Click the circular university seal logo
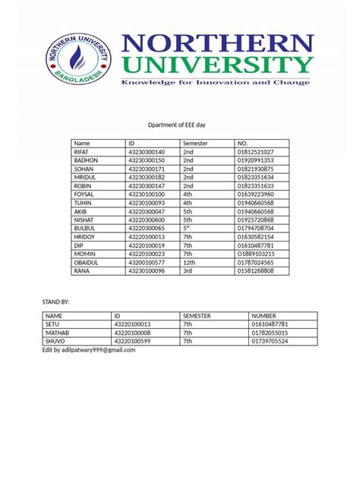[x=78, y=61]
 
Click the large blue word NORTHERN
[x=215, y=44]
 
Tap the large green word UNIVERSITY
[x=215, y=66]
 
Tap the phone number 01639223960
[x=255, y=194]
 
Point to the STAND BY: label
[x=55, y=302]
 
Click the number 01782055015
[x=270, y=333]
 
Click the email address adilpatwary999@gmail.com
[x=88, y=350]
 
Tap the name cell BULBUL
[x=84, y=228]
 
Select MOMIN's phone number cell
[x=255, y=254]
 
